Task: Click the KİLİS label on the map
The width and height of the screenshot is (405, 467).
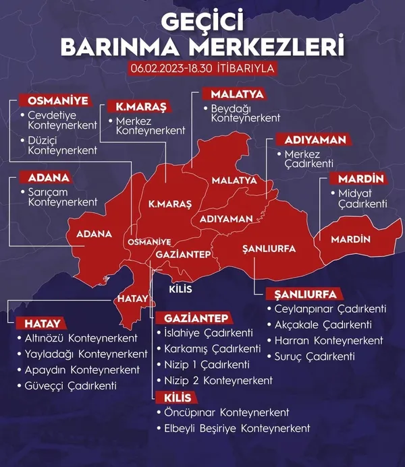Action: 180,289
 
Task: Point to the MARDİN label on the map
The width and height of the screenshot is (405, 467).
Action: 351,239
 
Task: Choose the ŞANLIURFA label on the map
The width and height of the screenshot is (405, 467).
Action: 269,249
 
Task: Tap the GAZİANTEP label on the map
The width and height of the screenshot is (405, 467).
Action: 184,254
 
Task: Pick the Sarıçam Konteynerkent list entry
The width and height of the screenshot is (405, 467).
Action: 62,197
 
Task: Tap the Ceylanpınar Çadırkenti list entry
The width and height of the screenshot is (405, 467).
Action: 330,309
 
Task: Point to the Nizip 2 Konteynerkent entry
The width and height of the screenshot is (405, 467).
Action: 218,381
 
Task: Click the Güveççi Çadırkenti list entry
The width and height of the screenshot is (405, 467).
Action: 72,386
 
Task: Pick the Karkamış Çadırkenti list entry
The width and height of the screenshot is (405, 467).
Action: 212,349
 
